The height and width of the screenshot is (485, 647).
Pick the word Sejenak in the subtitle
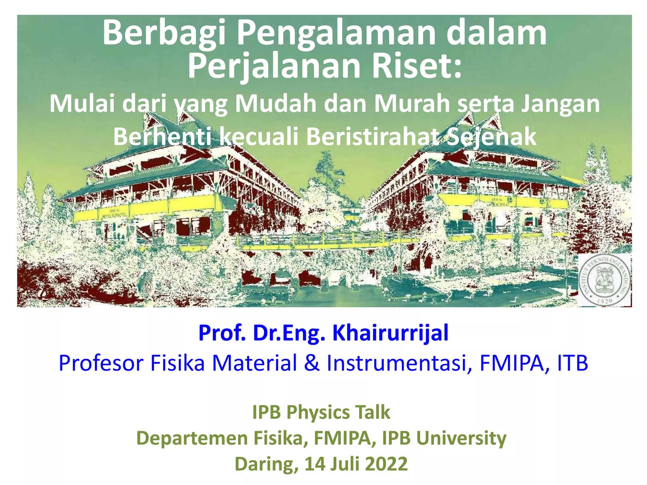pyautogui.click(x=492, y=137)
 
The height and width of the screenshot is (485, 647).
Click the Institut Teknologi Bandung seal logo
pyautogui.click(x=604, y=280)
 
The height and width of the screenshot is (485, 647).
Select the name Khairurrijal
pyautogui.click(x=390, y=333)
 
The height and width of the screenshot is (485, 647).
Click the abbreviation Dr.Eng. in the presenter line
pyautogui.click(x=289, y=333)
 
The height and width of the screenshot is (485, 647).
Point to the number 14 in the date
pyautogui.click(x=315, y=464)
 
